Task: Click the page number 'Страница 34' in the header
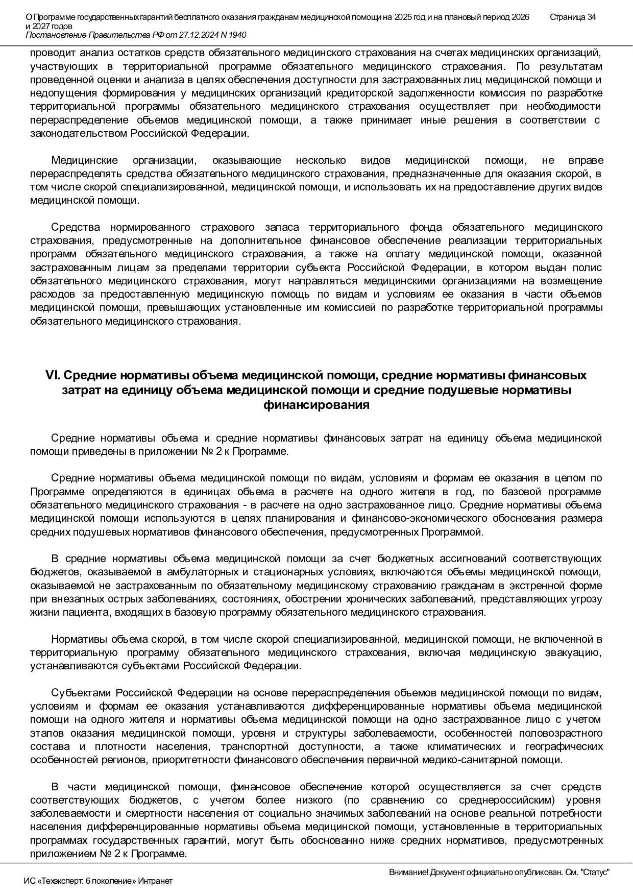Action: [x=573, y=17]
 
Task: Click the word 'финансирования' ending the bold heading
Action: [x=316, y=406]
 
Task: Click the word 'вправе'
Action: [x=586, y=160]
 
